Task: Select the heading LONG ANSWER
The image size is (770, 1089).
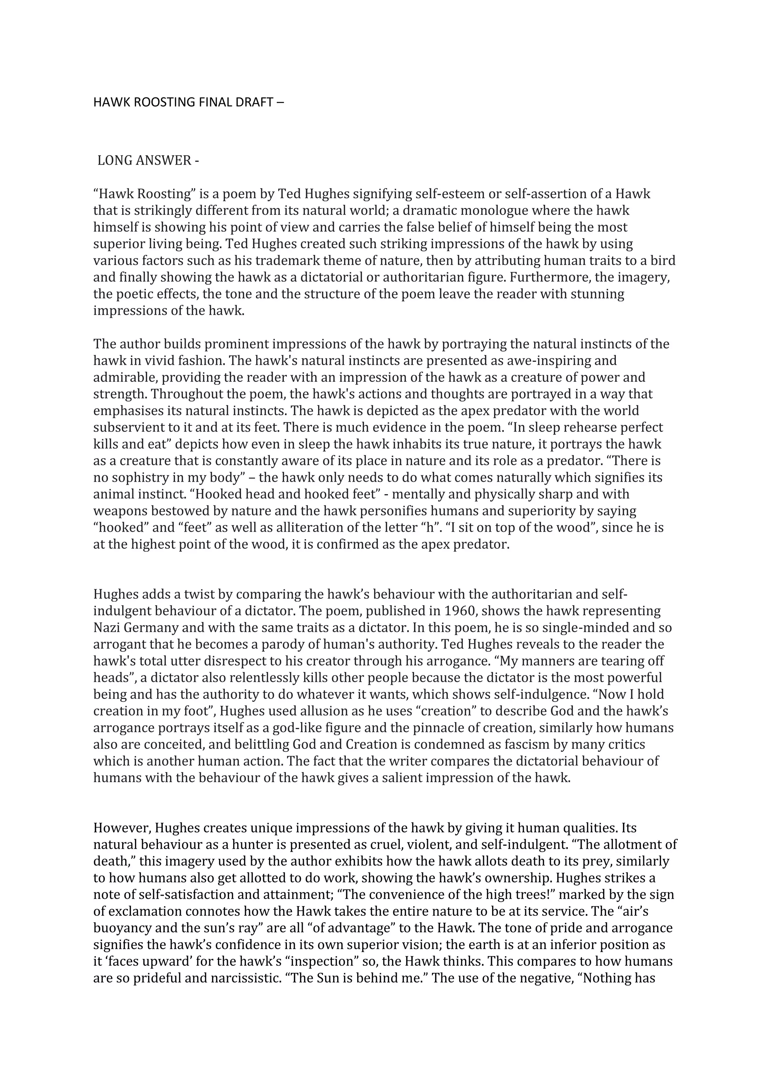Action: pos(148,161)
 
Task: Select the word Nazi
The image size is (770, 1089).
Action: pos(108,628)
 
